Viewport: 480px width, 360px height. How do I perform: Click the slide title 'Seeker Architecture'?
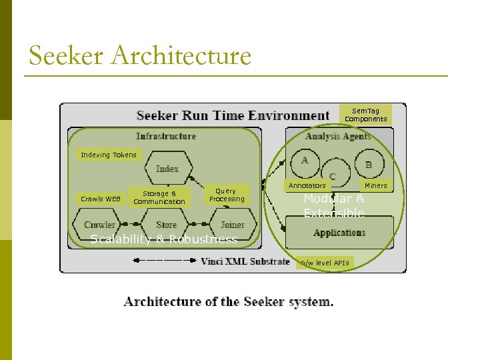tap(140, 55)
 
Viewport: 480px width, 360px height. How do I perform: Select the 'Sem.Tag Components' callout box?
tap(365, 115)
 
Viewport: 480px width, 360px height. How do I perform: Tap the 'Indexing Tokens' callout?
tap(108, 155)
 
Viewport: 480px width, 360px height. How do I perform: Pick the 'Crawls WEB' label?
tap(101, 199)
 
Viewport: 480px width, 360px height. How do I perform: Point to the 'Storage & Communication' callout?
tap(159, 197)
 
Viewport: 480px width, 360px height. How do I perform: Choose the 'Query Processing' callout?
tap(227, 195)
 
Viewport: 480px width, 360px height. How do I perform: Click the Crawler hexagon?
tap(99, 225)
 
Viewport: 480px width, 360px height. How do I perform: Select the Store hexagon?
tap(166, 225)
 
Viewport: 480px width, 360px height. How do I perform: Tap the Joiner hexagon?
tap(232, 225)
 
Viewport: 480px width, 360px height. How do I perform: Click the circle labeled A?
tap(305, 161)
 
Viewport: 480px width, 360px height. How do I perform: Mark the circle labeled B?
tap(368, 164)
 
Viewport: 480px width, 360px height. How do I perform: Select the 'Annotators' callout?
tap(307, 186)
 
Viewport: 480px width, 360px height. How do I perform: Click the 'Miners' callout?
tap(375, 186)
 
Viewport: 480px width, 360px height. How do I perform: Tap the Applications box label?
tap(339, 233)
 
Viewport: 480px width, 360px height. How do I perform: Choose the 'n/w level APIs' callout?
tap(325, 263)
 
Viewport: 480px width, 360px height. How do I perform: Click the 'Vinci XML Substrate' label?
tap(245, 261)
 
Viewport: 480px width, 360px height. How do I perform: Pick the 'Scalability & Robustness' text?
tap(163, 239)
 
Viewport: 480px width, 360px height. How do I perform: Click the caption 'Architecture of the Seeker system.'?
tap(229, 302)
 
